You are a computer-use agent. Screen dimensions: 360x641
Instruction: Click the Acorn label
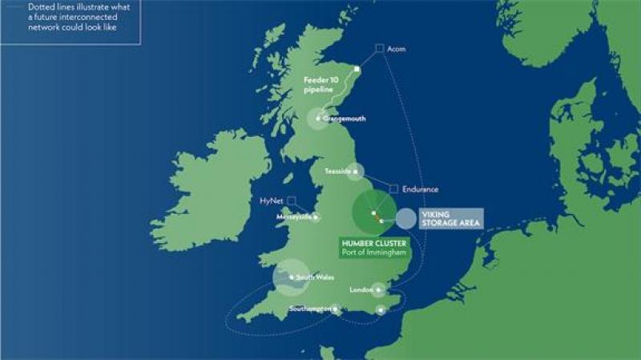[396, 49]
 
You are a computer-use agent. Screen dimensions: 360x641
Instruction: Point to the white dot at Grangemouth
[318, 119]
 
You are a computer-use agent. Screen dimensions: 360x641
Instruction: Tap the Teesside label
[337, 172]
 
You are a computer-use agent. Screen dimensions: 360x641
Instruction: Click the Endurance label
[420, 189]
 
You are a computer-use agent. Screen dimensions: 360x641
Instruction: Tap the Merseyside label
[293, 217]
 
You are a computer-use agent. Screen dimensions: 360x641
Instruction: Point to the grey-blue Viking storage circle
[406, 219]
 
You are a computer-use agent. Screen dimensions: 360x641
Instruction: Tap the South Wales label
[314, 277]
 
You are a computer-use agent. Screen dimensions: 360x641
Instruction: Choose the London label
[361, 290]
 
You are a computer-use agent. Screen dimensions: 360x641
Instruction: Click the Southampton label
[311, 309]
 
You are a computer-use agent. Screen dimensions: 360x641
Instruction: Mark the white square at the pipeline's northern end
[357, 69]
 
